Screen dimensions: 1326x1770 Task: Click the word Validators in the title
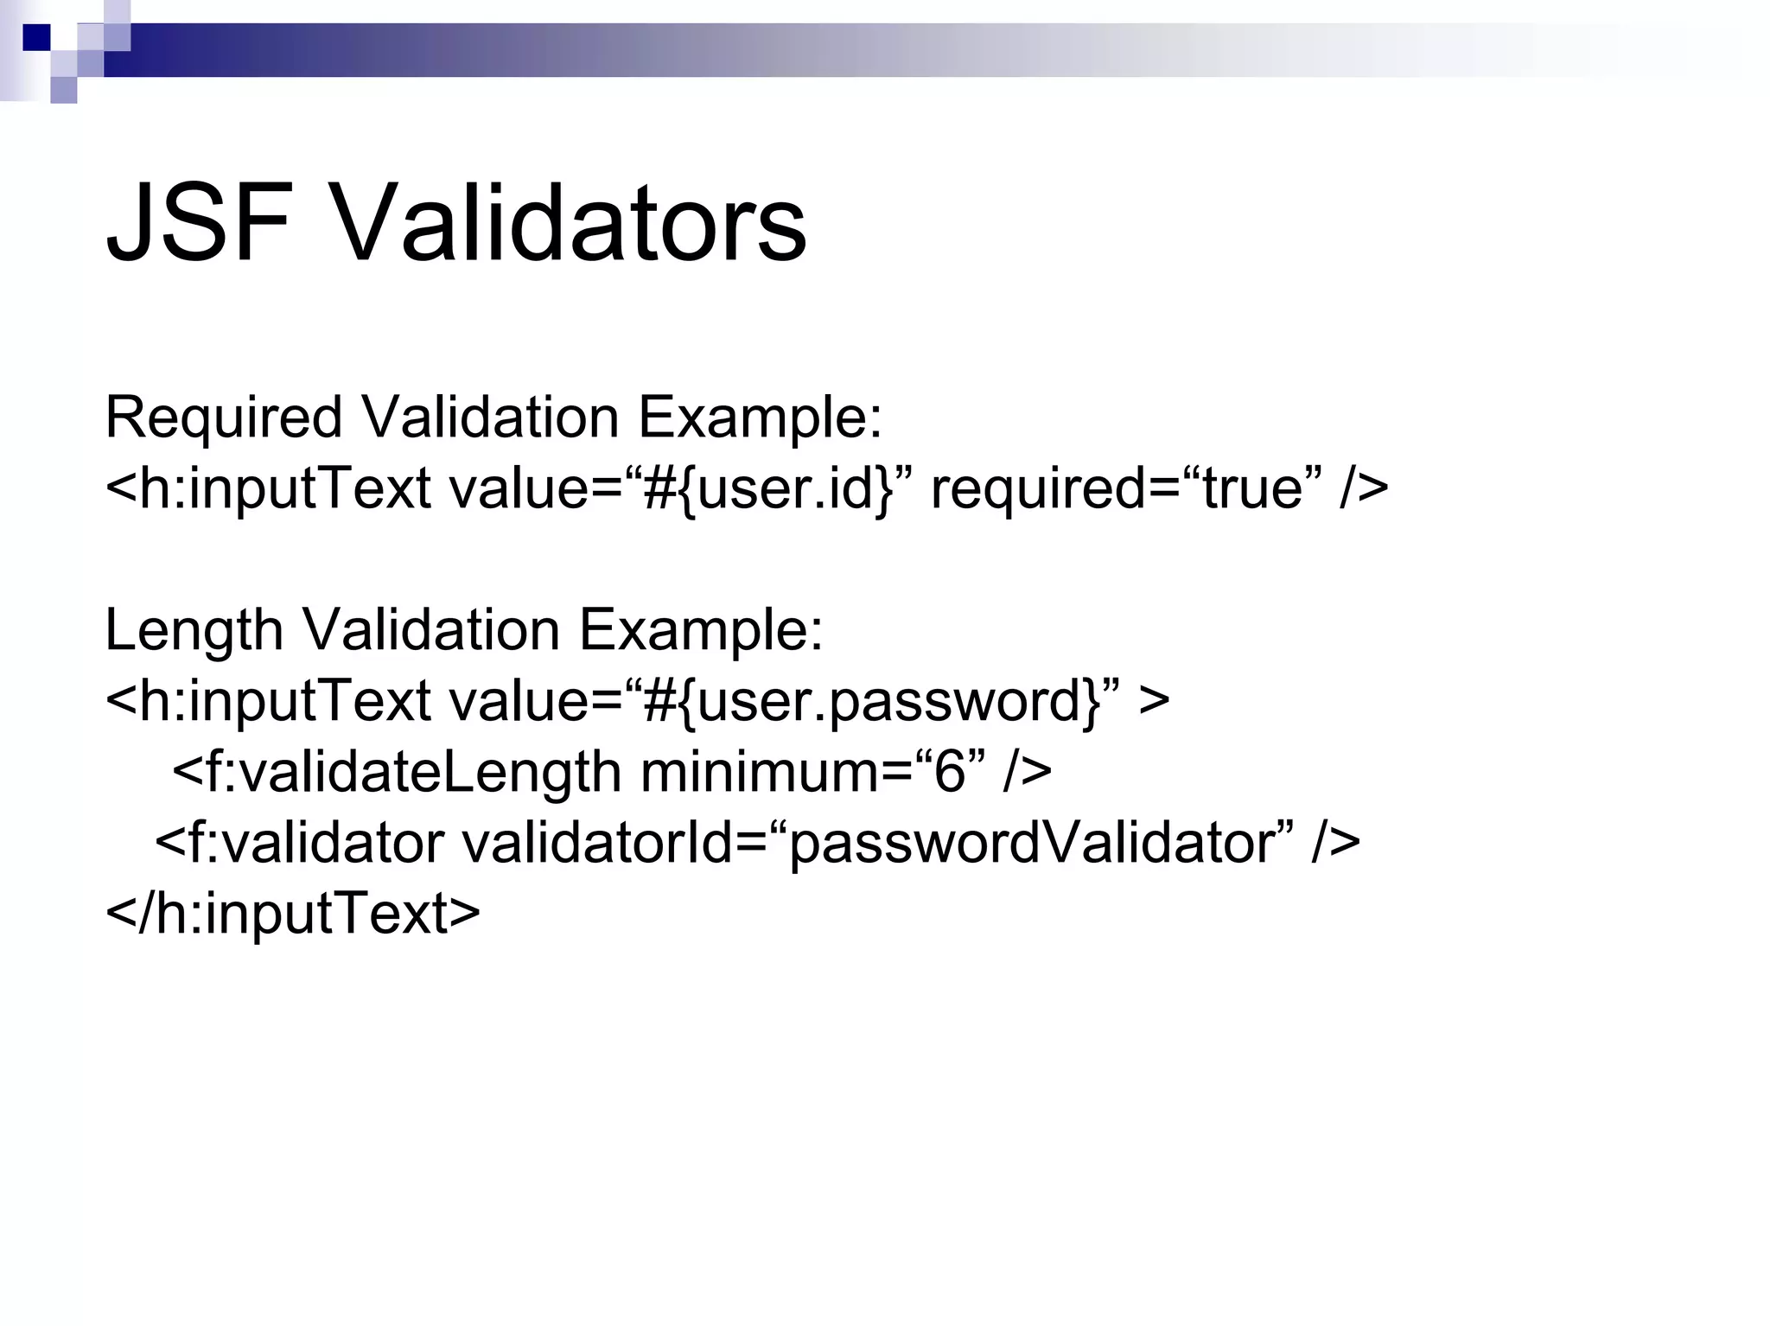(x=569, y=223)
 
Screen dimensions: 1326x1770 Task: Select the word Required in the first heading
(x=224, y=418)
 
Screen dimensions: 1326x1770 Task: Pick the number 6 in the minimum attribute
(x=949, y=771)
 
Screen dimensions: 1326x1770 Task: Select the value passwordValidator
(x=1034, y=842)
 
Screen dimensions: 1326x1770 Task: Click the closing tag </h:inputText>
(x=292, y=913)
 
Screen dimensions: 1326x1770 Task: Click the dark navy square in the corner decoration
(x=36, y=37)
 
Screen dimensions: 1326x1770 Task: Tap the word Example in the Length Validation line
(x=700, y=630)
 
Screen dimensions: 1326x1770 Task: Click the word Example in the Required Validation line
(x=759, y=418)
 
